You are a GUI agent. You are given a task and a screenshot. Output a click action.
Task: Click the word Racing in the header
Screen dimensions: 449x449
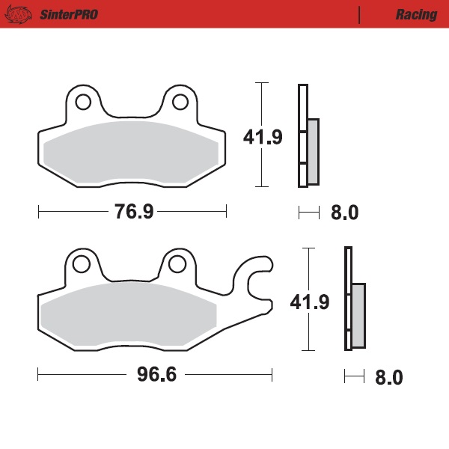[x=417, y=14]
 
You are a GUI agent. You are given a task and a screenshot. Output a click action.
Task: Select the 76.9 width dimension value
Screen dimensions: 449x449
[x=134, y=212]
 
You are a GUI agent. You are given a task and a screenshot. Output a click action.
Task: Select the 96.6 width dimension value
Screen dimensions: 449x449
[x=156, y=374]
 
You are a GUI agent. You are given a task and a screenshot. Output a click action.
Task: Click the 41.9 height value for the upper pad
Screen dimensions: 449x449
[x=263, y=138]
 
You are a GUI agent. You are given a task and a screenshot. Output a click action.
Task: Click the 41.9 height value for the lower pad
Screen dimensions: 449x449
[x=310, y=302]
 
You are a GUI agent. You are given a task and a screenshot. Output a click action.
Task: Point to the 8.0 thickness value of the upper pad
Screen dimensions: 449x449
[x=344, y=213]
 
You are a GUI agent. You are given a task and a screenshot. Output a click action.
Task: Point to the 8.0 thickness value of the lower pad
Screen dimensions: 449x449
[x=388, y=377]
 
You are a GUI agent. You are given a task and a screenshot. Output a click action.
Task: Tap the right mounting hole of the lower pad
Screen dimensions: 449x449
[x=177, y=263]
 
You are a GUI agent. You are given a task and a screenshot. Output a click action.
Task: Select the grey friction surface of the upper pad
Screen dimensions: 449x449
[x=132, y=153]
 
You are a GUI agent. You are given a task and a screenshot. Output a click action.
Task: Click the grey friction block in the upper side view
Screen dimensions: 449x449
[x=313, y=151]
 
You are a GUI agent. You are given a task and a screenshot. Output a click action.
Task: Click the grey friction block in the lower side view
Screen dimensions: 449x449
[x=358, y=315]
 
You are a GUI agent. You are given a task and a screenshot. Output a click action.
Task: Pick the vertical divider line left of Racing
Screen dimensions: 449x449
[x=360, y=14]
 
